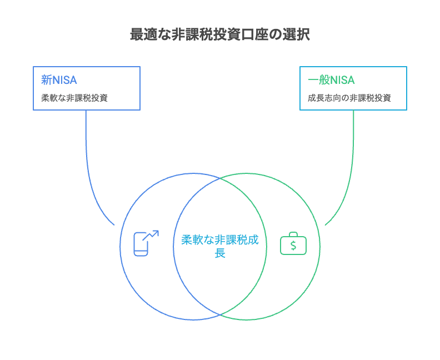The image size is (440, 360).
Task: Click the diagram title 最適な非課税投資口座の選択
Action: (219, 34)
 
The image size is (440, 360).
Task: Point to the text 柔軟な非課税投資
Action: (74, 98)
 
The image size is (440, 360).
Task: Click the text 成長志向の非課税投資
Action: (349, 98)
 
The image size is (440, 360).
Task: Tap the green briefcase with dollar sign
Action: (293, 243)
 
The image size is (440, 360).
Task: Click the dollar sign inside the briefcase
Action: (293, 245)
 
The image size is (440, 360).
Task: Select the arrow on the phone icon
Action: (152, 235)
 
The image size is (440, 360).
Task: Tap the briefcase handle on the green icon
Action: (293, 234)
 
